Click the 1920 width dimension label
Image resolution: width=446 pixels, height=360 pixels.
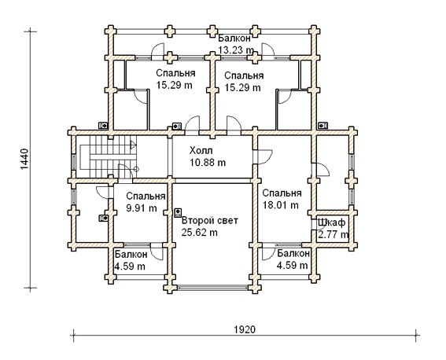[245, 329]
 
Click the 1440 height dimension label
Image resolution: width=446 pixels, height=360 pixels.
[24, 159]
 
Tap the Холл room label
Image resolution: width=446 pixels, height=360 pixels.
[201, 150]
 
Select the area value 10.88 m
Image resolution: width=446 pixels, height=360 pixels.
[208, 163]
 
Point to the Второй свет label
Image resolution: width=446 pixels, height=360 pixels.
[210, 221]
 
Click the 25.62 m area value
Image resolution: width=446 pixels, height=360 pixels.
[199, 233]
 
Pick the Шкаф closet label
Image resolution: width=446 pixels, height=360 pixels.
[332, 222]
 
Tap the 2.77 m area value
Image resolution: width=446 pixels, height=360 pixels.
[333, 235]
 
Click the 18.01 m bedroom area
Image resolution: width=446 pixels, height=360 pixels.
[280, 205]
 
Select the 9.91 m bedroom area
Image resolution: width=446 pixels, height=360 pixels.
[142, 208]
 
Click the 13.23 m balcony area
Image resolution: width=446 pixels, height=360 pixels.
[236, 50]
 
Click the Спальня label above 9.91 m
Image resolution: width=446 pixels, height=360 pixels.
[146, 196]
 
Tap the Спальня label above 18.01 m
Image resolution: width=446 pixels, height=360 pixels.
[282, 193]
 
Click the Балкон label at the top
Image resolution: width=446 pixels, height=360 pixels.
[234, 38]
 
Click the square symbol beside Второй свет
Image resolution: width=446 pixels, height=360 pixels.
[178, 212]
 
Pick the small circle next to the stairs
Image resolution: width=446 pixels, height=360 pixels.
[136, 169]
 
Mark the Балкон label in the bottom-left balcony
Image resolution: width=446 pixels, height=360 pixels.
[131, 255]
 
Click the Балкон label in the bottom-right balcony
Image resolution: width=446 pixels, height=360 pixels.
[293, 253]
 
